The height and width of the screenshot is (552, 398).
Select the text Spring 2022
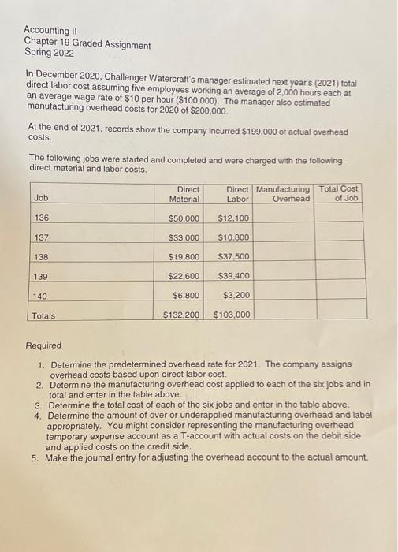pos(49,54)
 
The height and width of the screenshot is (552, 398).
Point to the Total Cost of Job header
pos(339,193)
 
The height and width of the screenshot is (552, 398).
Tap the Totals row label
pos(43,315)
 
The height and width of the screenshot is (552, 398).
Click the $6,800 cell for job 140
pos(187,296)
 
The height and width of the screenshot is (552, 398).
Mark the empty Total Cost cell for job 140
pos(339,296)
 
